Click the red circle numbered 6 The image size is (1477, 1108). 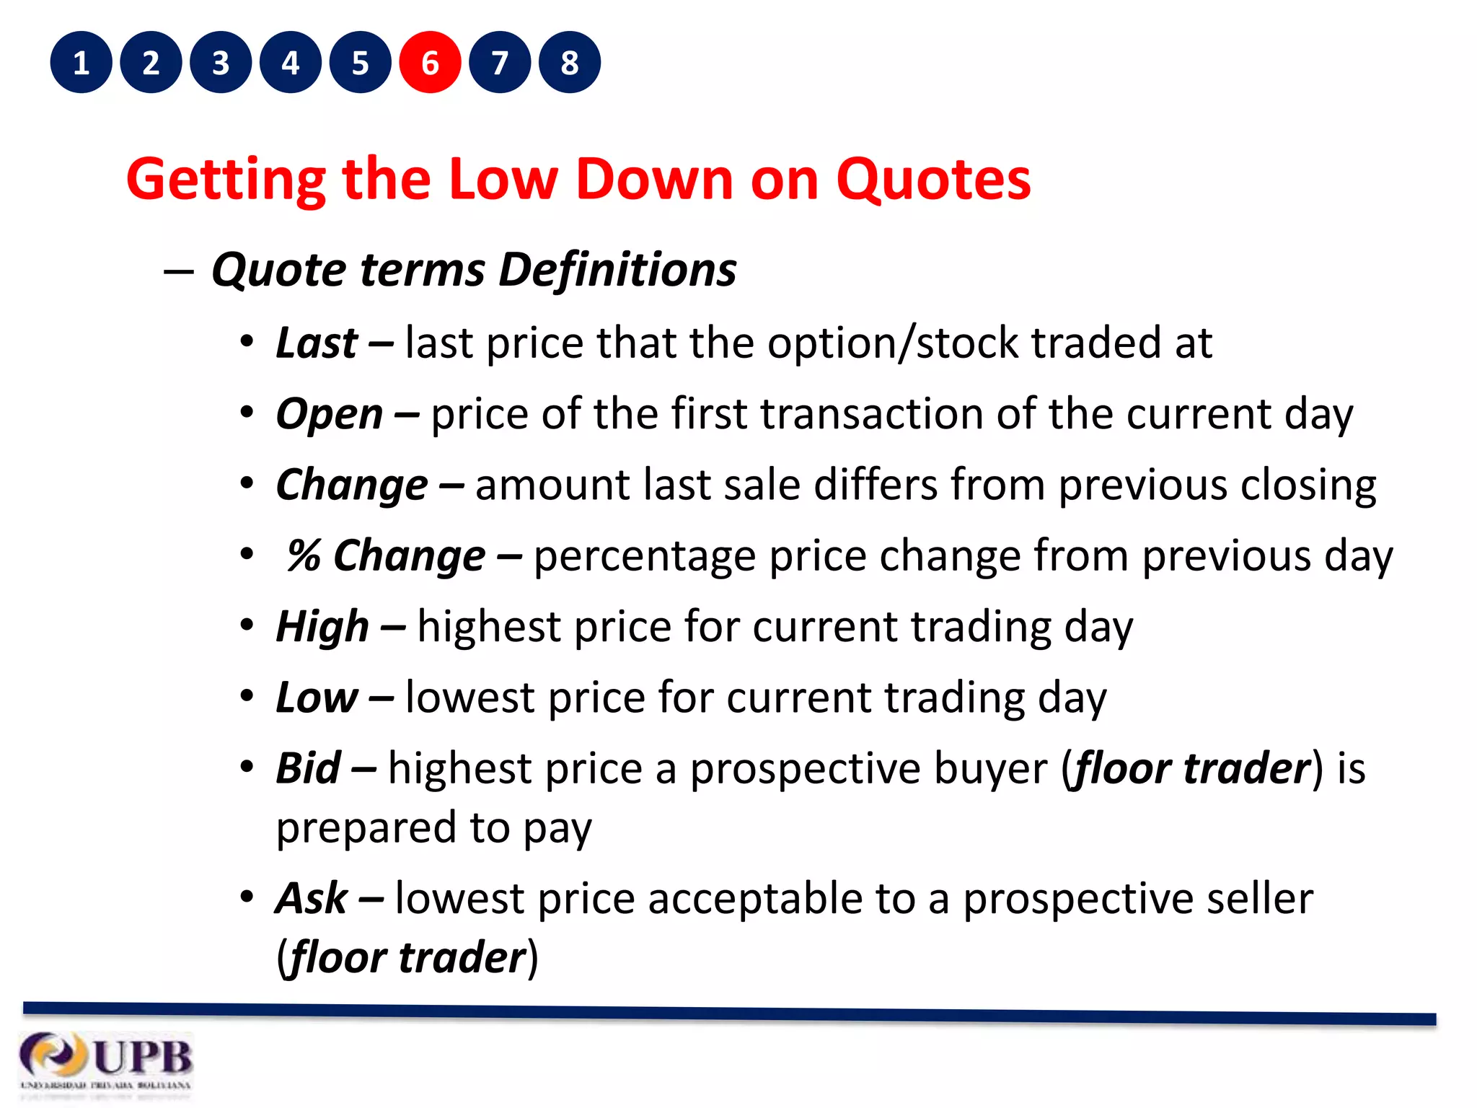(x=430, y=63)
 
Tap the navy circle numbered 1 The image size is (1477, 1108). (x=81, y=63)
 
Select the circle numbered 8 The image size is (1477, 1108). (x=570, y=63)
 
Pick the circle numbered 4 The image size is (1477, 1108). (x=291, y=63)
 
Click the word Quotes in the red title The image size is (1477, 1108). (x=933, y=179)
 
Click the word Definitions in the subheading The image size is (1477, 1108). (x=617, y=270)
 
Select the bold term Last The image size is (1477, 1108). (x=317, y=343)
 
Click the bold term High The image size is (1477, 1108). (x=322, y=627)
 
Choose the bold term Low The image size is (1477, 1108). (x=317, y=698)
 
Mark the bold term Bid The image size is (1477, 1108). (x=308, y=768)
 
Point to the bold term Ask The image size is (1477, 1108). (x=312, y=899)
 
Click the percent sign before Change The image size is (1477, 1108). (x=303, y=556)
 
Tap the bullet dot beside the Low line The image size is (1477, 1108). (x=247, y=697)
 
